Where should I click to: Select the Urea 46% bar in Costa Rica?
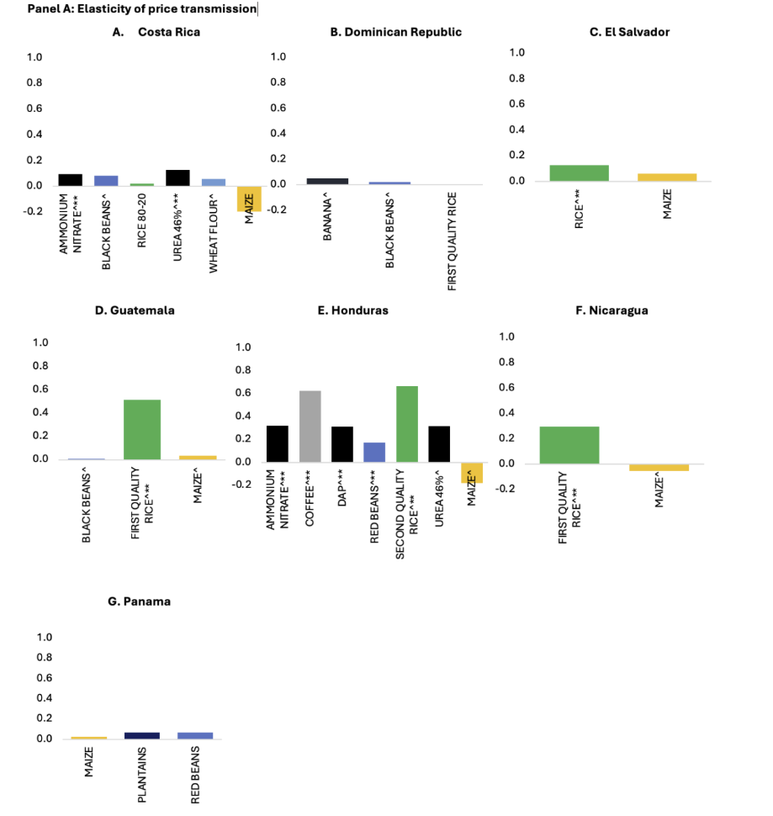click(x=177, y=178)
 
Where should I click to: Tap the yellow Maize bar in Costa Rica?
click(x=250, y=199)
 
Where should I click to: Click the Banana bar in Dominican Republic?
click(x=327, y=181)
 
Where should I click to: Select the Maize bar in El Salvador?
click(x=667, y=178)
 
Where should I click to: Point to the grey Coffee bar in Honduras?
click(x=310, y=427)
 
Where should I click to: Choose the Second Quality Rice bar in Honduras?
click(x=407, y=424)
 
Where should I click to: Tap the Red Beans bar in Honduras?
click(x=374, y=452)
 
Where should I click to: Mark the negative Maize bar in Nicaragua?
click(x=659, y=467)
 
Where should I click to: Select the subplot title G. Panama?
click(x=140, y=601)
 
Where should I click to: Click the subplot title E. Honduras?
click(x=352, y=310)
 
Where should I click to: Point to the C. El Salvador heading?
click(x=630, y=32)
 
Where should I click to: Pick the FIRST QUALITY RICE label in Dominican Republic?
click(x=451, y=246)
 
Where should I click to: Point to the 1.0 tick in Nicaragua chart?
click(x=507, y=337)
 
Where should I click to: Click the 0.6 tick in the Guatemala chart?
click(x=40, y=389)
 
